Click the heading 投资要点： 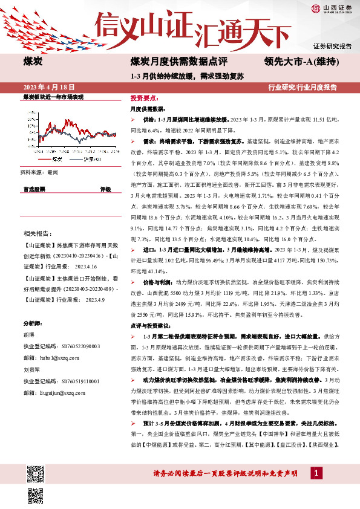point(145,97)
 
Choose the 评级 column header point(105,190)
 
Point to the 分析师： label point(34,307)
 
